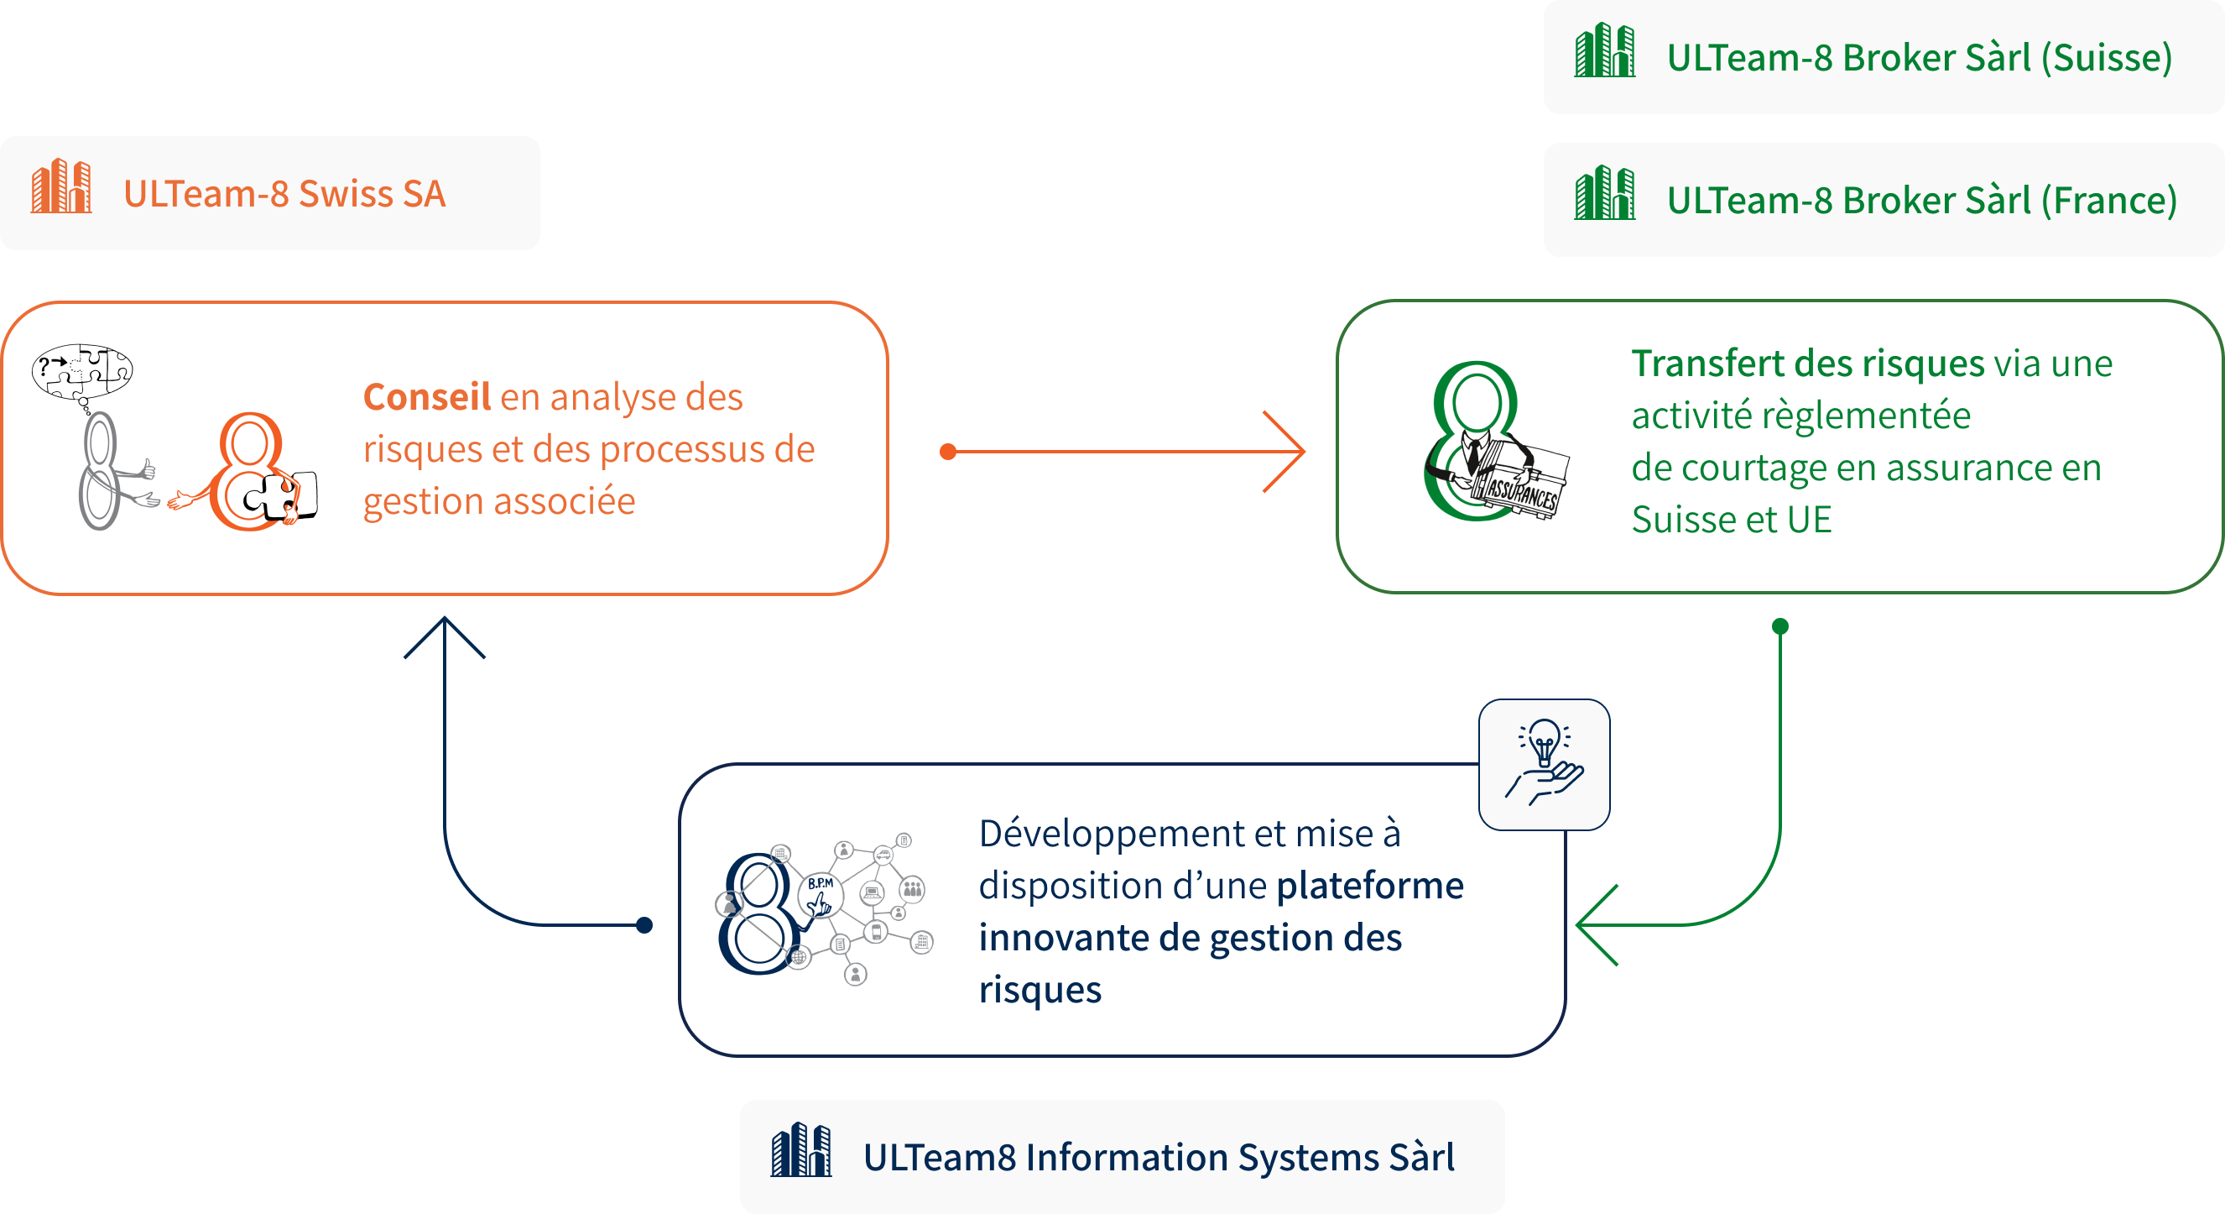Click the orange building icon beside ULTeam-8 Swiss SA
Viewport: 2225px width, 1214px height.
pyautogui.click(x=61, y=186)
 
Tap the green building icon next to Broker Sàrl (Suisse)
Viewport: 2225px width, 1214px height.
pyautogui.click(x=1605, y=51)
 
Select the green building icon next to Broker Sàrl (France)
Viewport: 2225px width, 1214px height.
pyautogui.click(x=1605, y=194)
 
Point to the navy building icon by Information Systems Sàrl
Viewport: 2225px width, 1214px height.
pyautogui.click(x=801, y=1151)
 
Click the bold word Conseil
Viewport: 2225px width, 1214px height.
pyautogui.click(x=427, y=397)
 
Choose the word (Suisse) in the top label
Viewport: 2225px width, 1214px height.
pyautogui.click(x=2107, y=58)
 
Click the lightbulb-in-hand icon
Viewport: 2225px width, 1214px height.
pyautogui.click(x=1545, y=764)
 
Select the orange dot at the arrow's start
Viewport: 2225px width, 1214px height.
pyautogui.click(x=947, y=451)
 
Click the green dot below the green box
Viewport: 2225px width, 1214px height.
pyautogui.click(x=1780, y=626)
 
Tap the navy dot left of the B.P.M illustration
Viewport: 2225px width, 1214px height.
pyautogui.click(x=644, y=925)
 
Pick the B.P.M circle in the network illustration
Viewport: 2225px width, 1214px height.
pyautogui.click(x=821, y=888)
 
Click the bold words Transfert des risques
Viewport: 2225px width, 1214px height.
pyautogui.click(x=1808, y=364)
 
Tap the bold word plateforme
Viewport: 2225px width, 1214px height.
pyautogui.click(x=1370, y=886)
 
